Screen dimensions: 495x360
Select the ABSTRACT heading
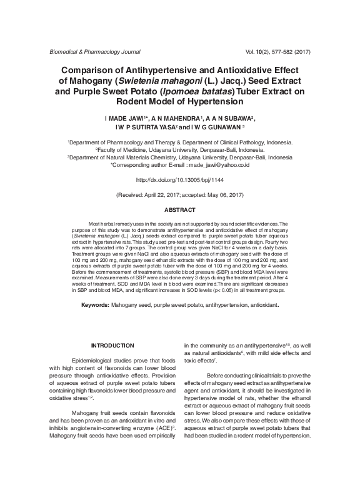pos(179,209)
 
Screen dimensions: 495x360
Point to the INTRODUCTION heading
pos(112,345)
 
